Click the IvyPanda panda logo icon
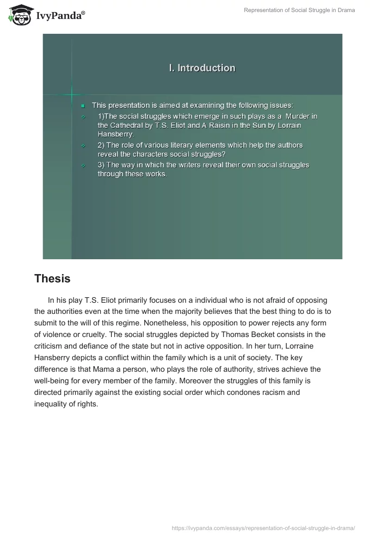click(18, 15)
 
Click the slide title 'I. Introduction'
click(202, 68)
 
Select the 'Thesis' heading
click(52, 279)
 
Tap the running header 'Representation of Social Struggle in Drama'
click(299, 10)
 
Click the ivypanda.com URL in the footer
click(263, 527)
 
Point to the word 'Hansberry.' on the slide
click(116, 134)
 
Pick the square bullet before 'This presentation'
click(83, 106)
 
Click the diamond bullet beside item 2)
click(83, 145)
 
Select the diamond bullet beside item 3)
click(83, 165)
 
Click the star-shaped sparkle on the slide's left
click(72, 95)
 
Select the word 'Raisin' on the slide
click(217, 125)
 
